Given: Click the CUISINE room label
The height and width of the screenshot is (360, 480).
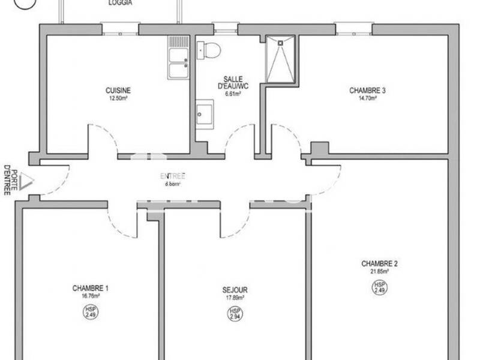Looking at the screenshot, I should pyautogui.click(x=118, y=91).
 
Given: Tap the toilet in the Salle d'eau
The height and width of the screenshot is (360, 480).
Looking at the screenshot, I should pyautogui.click(x=209, y=50).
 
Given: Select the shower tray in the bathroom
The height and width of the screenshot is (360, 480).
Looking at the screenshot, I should pyautogui.click(x=280, y=58).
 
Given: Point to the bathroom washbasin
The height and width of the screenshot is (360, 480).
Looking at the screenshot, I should pyautogui.click(x=205, y=113).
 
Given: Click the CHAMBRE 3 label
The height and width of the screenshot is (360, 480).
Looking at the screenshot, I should pyautogui.click(x=367, y=91).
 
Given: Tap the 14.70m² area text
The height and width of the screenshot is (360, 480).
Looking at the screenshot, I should pyautogui.click(x=367, y=98).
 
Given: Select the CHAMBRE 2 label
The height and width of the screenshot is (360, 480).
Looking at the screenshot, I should pyautogui.click(x=379, y=263).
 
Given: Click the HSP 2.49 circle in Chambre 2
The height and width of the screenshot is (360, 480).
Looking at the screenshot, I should pyautogui.click(x=379, y=287).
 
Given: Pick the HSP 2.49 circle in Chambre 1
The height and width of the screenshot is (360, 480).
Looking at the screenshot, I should pyautogui.click(x=90, y=311).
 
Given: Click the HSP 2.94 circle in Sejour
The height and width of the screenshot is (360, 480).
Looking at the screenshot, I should pyautogui.click(x=234, y=313).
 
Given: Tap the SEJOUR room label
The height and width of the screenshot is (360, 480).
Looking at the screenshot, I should pyautogui.click(x=234, y=290).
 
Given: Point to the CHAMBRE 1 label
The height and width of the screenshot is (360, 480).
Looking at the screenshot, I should pyautogui.click(x=90, y=288).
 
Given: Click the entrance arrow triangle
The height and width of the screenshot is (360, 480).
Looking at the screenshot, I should pyautogui.click(x=26, y=181).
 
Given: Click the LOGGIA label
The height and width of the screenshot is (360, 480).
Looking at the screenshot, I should pyautogui.click(x=121, y=3).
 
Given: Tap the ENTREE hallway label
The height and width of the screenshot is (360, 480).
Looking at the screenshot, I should pyautogui.click(x=172, y=176).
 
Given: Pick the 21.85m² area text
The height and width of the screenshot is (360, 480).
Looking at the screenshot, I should pyautogui.click(x=379, y=271).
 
